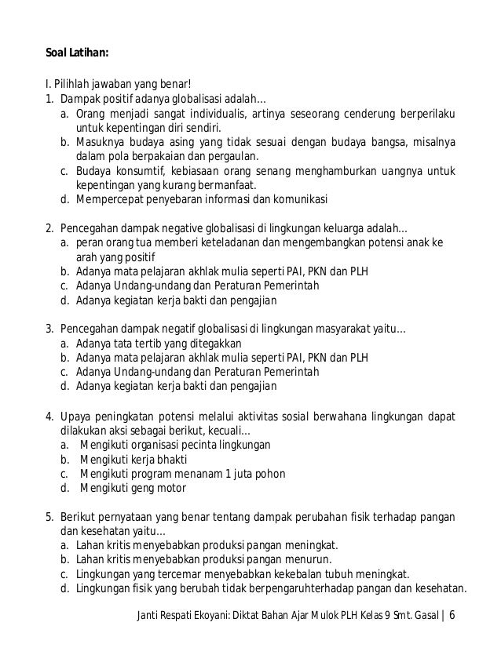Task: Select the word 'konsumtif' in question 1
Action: point(148,170)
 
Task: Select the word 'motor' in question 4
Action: point(170,487)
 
